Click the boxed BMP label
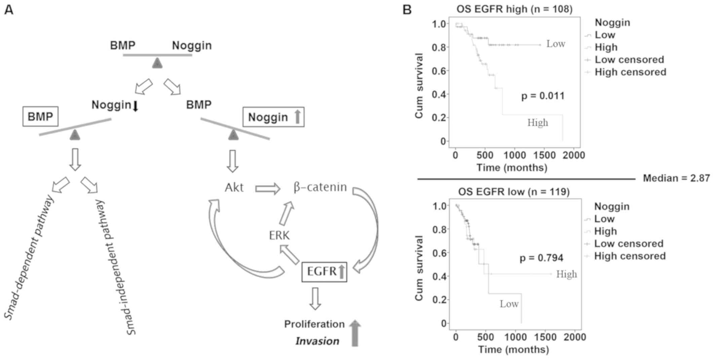coord(40,117)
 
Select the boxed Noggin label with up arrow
coord(273,117)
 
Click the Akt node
coord(234,187)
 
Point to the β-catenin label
coord(320,187)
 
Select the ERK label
coord(279,236)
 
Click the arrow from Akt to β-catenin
coord(268,188)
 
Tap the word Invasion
coord(317,341)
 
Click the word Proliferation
coord(314,324)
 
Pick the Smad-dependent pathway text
coord(30,257)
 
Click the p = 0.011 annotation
coord(543,96)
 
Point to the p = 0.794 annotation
coord(541,258)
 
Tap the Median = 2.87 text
coord(676,178)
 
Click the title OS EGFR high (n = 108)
coord(514,9)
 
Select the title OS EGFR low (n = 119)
coord(514,192)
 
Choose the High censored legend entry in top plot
coord(630,72)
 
